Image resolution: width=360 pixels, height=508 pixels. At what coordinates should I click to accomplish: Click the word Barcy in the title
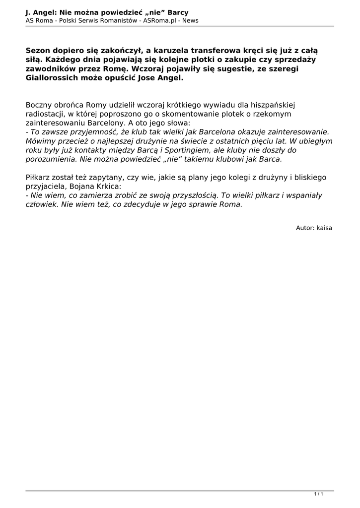pyautogui.click(x=178, y=12)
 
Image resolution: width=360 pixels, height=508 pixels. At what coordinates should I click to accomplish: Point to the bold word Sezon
pyautogui.click(x=38, y=51)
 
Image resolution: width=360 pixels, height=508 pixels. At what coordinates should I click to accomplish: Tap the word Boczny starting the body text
pyautogui.click(x=39, y=105)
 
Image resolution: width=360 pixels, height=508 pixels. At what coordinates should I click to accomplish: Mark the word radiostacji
pyautogui.click(x=44, y=114)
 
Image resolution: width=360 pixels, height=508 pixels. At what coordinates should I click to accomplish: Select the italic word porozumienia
pyautogui.click(x=51, y=159)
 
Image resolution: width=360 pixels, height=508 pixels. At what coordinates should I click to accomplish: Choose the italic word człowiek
pyautogui.click(x=42, y=204)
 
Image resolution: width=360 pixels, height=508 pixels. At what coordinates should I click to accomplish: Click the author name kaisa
pyautogui.click(x=324, y=228)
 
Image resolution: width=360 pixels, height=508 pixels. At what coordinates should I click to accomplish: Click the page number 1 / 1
pyautogui.click(x=319, y=494)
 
